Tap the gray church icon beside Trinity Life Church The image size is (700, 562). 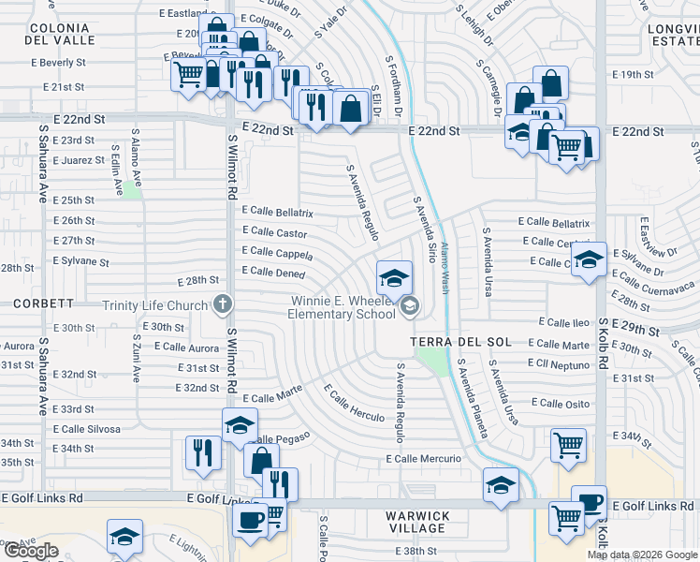point(222,303)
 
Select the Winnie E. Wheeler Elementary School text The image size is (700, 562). point(343,307)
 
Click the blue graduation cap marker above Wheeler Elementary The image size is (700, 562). point(394,278)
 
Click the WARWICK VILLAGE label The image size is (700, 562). point(418,523)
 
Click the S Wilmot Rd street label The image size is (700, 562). point(231,187)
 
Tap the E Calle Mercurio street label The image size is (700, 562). point(424,459)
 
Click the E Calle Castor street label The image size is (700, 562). point(274,232)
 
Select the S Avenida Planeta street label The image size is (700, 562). point(472,403)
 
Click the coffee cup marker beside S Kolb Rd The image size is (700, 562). point(589,502)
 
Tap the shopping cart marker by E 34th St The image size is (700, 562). point(568,445)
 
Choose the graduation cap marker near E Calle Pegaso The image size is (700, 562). point(240,425)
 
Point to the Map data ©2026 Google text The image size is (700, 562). point(642,555)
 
